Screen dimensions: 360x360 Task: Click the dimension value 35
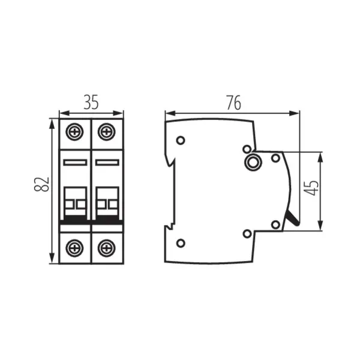point(91,103)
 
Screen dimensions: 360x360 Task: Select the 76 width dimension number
point(233,103)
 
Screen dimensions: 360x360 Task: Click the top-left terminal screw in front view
point(76,130)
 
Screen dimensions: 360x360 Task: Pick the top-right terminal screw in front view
point(106,130)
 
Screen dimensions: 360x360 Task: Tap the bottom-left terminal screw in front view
point(76,245)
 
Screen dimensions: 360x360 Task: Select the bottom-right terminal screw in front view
point(106,245)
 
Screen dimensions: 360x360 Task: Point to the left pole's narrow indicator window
point(76,162)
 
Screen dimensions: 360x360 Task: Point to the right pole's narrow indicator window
point(106,162)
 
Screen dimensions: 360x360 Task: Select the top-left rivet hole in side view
point(181,140)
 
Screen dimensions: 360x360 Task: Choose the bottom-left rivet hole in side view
point(181,243)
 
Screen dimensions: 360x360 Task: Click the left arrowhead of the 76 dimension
point(168,112)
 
